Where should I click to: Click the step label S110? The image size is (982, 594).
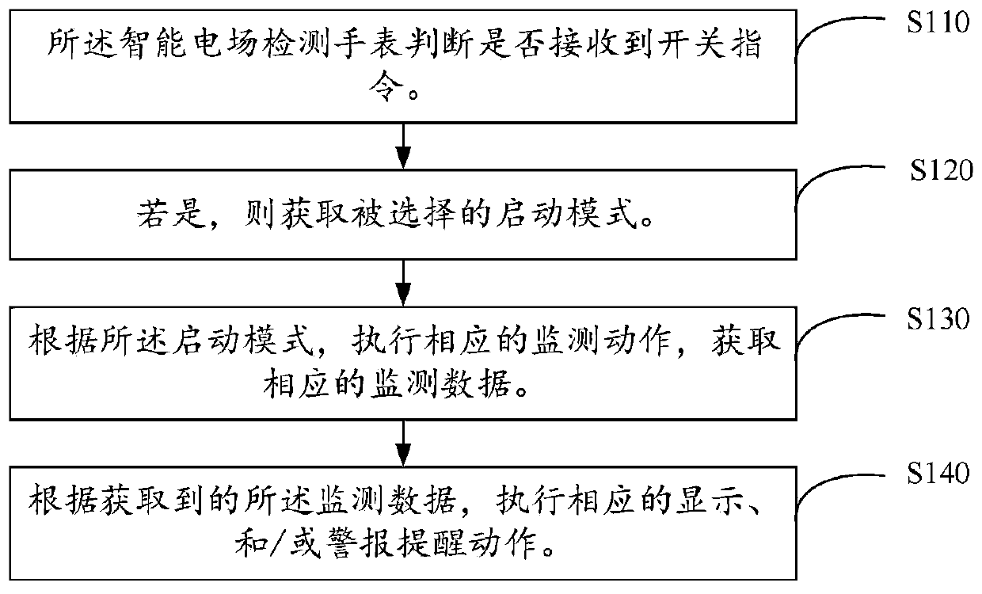pos(938,22)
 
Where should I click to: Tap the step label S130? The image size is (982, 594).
pos(938,320)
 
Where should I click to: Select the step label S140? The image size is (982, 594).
pos(938,474)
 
